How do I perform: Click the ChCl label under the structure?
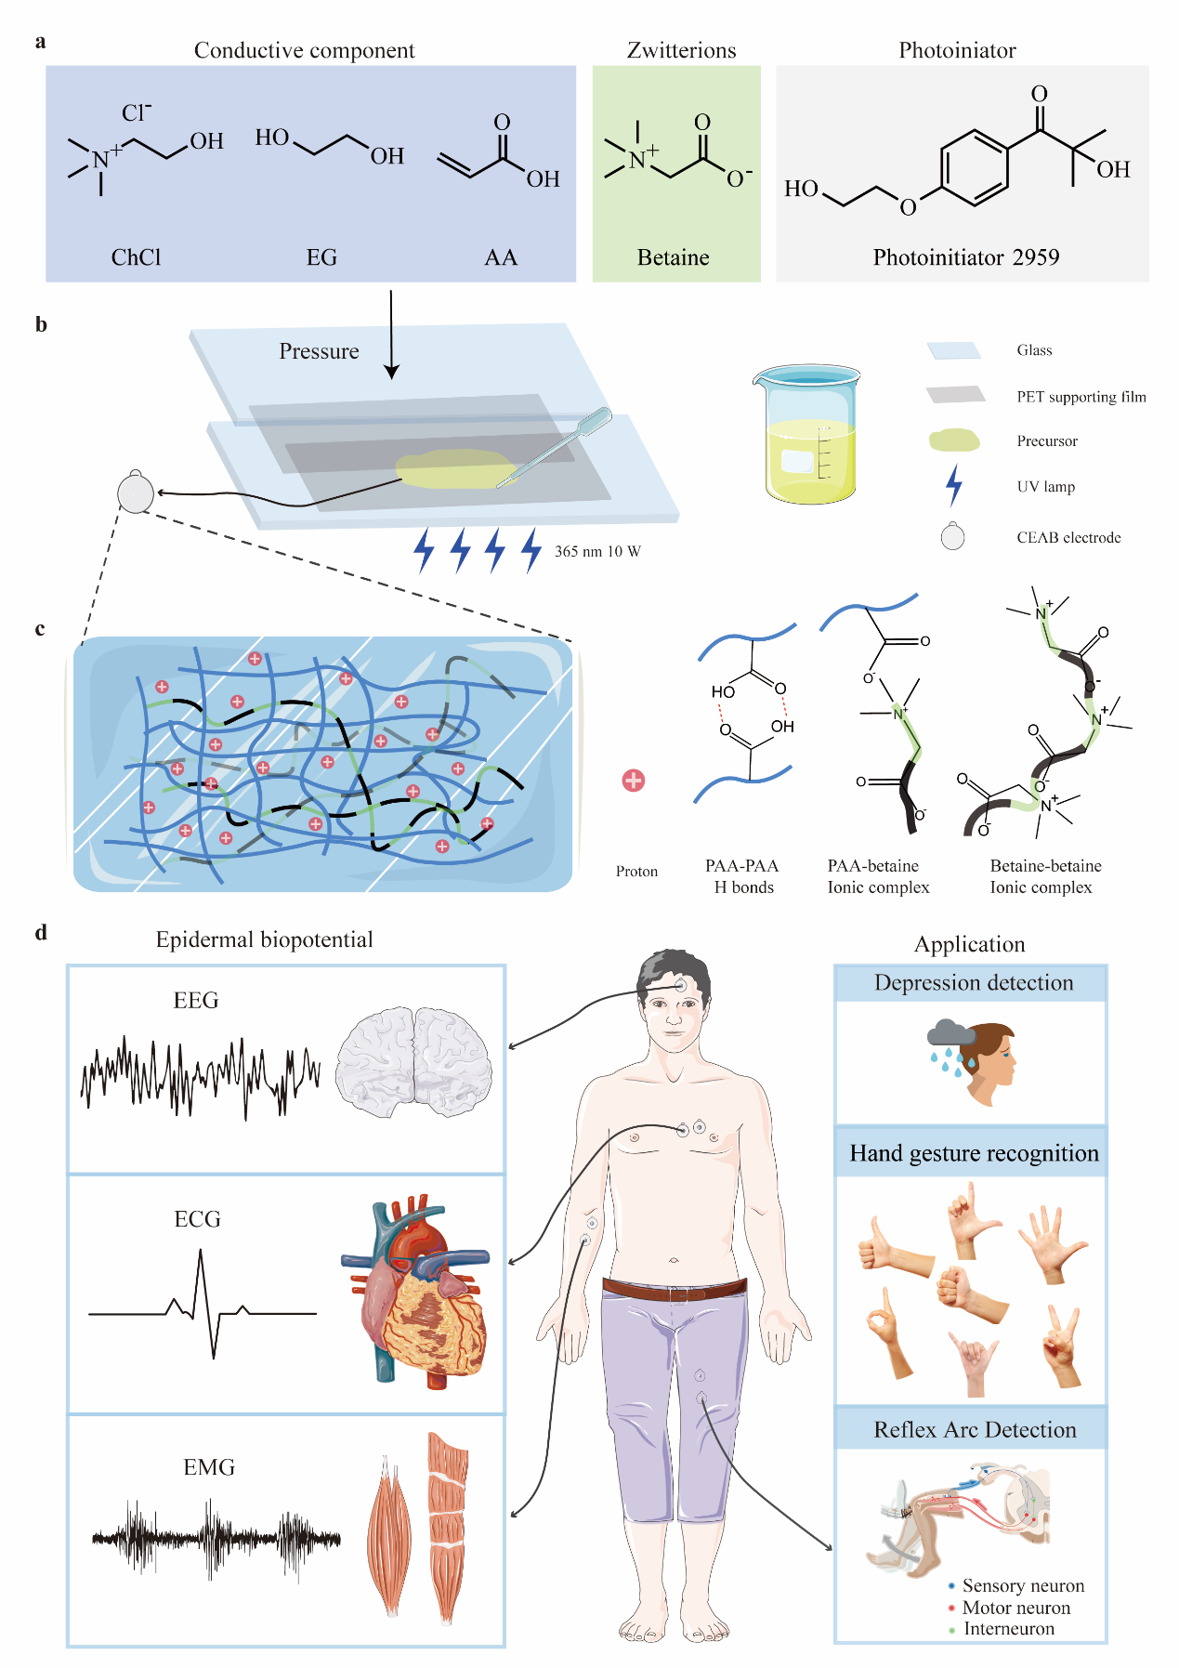(x=136, y=257)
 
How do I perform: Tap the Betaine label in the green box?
(x=673, y=257)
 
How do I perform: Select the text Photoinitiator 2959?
(x=965, y=257)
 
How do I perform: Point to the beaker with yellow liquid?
(x=807, y=434)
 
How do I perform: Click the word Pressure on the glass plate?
(x=319, y=351)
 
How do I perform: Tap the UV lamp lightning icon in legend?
(x=953, y=485)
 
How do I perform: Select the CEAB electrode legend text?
(x=1068, y=537)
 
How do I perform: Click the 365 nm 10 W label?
(x=597, y=551)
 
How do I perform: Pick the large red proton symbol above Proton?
(x=634, y=781)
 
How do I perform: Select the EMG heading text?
(x=209, y=1467)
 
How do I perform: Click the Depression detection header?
(x=973, y=983)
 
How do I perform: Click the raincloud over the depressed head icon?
(x=950, y=1033)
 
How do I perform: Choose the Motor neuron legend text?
(x=1015, y=1608)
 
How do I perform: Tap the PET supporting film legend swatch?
(x=955, y=395)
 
